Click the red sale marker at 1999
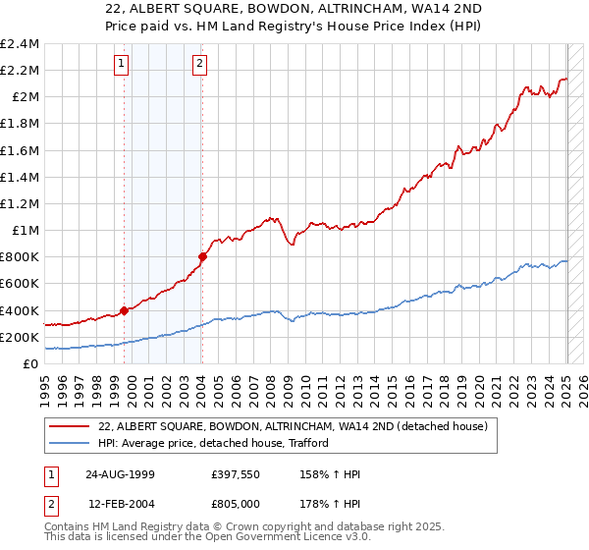[x=125, y=310]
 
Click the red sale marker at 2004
[x=202, y=256]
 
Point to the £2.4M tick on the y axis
[x=20, y=44]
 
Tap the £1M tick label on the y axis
[x=25, y=230]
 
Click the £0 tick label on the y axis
[x=30, y=363]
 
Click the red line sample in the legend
[x=70, y=427]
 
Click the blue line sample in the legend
[x=70, y=444]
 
